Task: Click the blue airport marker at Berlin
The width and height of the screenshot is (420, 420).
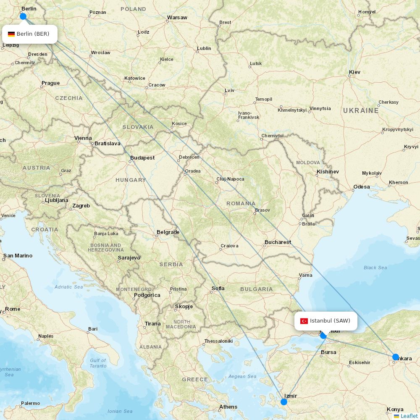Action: click(23, 16)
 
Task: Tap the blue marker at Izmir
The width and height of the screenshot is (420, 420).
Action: click(284, 402)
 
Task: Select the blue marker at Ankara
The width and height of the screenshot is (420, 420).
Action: click(395, 357)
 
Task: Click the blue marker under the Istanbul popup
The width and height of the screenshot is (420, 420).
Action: click(323, 335)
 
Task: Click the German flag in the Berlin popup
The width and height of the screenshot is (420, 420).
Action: click(11, 34)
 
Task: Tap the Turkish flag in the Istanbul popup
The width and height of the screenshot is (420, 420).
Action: click(304, 321)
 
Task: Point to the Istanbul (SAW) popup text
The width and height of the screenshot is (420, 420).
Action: click(330, 321)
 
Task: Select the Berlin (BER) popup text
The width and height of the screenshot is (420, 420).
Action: click(33, 34)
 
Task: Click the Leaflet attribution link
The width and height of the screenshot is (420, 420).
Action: click(409, 416)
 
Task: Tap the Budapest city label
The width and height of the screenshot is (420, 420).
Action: click(142, 158)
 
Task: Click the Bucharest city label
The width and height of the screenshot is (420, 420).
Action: click(278, 242)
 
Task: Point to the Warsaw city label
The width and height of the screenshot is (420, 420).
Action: click(177, 18)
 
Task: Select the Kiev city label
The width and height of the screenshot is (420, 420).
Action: click(354, 72)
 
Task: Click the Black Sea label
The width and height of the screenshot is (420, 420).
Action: click(375, 268)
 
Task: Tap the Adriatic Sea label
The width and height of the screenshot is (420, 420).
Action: click(69, 287)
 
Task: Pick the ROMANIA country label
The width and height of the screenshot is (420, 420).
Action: click(241, 203)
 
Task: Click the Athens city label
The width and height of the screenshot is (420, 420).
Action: click(228, 407)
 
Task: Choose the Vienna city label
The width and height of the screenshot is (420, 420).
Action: click(83, 138)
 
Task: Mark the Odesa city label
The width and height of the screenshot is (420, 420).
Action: click(362, 186)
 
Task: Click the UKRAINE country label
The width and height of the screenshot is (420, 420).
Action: click(361, 110)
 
